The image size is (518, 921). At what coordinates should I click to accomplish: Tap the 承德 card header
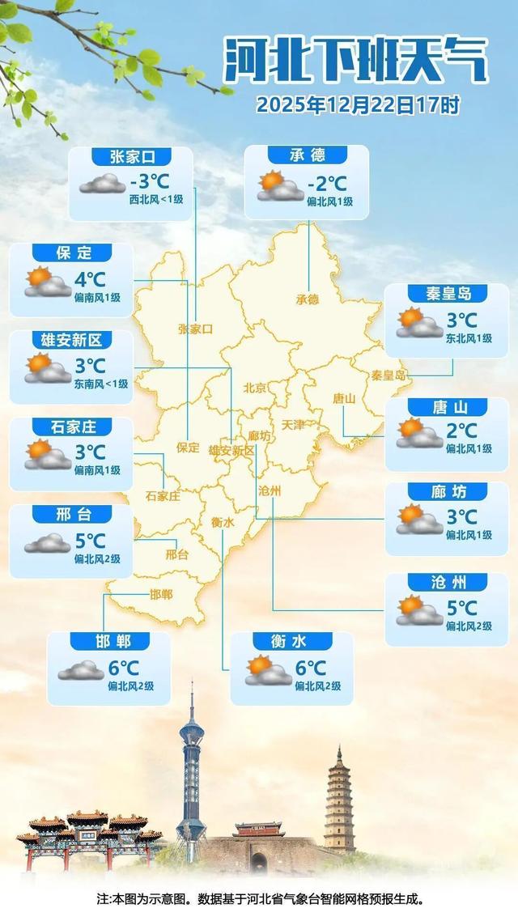coord(307,155)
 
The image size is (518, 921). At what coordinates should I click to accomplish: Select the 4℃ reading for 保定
coord(90,280)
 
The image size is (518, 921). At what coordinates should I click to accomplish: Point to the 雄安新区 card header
coord(71,339)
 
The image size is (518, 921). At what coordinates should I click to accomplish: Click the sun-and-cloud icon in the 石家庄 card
coord(48,454)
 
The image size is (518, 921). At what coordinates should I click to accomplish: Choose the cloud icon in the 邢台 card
coord(47,542)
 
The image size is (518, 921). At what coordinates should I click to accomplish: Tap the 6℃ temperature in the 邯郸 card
coord(125,668)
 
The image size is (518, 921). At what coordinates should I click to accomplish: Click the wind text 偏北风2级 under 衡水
coord(318,686)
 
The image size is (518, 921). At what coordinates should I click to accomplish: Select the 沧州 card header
coord(448,582)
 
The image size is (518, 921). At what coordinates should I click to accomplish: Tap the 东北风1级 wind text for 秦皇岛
coord(469,338)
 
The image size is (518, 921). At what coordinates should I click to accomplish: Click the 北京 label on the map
coord(255,388)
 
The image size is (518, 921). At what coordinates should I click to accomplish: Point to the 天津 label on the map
coord(293,425)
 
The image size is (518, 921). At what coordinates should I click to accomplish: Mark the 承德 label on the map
coord(308,299)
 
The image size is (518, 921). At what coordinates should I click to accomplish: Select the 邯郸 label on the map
coord(161,595)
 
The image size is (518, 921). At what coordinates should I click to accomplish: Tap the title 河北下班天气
coord(356,61)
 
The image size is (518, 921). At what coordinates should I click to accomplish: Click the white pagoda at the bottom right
coord(339,801)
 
